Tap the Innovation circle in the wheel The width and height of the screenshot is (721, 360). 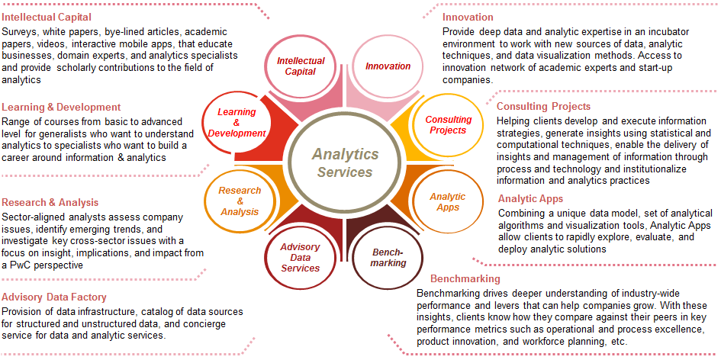(x=388, y=66)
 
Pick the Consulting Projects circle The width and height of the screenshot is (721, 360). (x=448, y=125)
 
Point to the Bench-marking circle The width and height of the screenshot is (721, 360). (x=388, y=257)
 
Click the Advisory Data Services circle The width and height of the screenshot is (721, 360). (x=300, y=257)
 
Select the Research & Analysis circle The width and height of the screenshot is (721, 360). (x=240, y=201)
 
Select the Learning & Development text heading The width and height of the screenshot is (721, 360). (x=61, y=108)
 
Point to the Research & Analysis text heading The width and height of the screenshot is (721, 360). (x=50, y=202)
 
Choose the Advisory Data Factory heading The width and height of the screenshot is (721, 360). (x=53, y=297)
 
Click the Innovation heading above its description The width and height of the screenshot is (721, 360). (x=468, y=17)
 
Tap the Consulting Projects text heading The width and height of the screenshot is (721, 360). (x=543, y=107)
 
